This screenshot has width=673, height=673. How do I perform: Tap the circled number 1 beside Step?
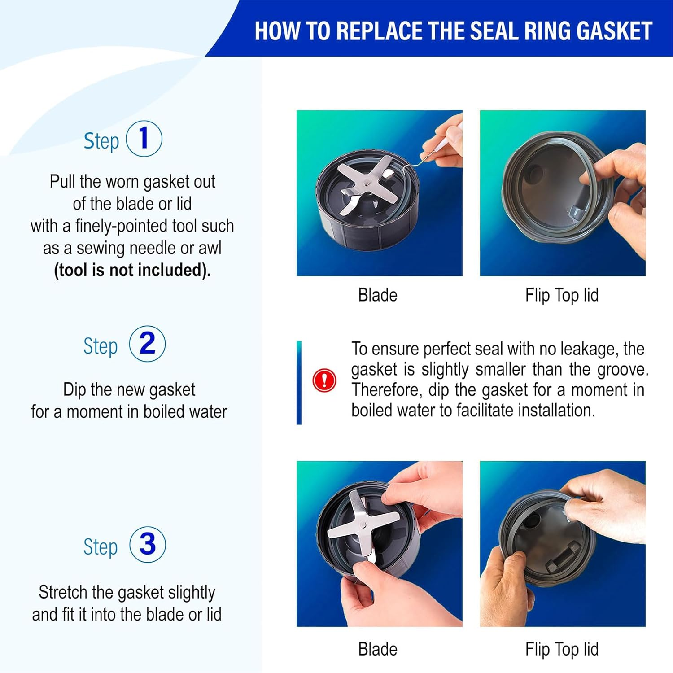[x=144, y=139]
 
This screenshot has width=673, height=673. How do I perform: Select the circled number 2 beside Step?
[x=147, y=344]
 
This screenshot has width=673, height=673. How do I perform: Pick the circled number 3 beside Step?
[x=147, y=545]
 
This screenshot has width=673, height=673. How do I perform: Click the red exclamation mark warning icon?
[x=324, y=380]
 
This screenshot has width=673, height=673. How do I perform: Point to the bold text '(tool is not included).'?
[x=132, y=270]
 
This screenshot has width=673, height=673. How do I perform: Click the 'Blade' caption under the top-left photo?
[x=377, y=295]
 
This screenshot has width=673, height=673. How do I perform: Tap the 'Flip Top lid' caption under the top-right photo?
[x=562, y=295]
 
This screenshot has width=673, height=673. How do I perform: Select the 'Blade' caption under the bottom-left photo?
[x=377, y=649]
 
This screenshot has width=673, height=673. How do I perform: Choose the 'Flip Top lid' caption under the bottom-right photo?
[x=562, y=649]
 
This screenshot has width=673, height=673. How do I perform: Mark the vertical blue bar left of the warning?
[x=299, y=382]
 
